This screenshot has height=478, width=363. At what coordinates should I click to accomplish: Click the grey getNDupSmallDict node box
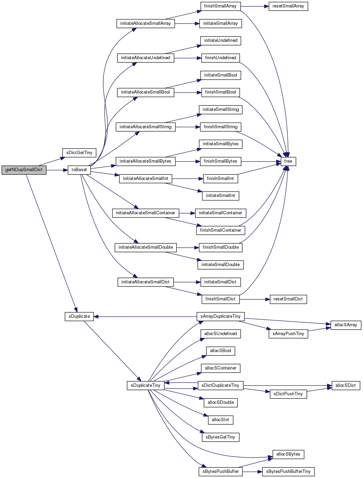pyautogui.click(x=24, y=170)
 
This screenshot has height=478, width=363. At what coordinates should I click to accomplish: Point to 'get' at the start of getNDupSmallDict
pyautogui.click(x=8, y=170)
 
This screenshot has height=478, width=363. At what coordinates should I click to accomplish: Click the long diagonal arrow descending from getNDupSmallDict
pyautogui.click(x=51, y=242)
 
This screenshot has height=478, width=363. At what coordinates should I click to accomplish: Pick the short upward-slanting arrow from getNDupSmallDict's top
pyautogui.click(x=51, y=162)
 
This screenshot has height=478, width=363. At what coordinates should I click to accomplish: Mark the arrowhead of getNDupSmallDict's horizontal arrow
pyautogui.click(x=66, y=170)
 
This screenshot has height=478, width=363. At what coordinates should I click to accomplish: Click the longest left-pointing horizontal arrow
pyautogui.click(x=146, y=317)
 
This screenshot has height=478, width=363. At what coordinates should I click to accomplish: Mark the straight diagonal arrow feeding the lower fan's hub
pyautogui.click(x=112, y=350)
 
